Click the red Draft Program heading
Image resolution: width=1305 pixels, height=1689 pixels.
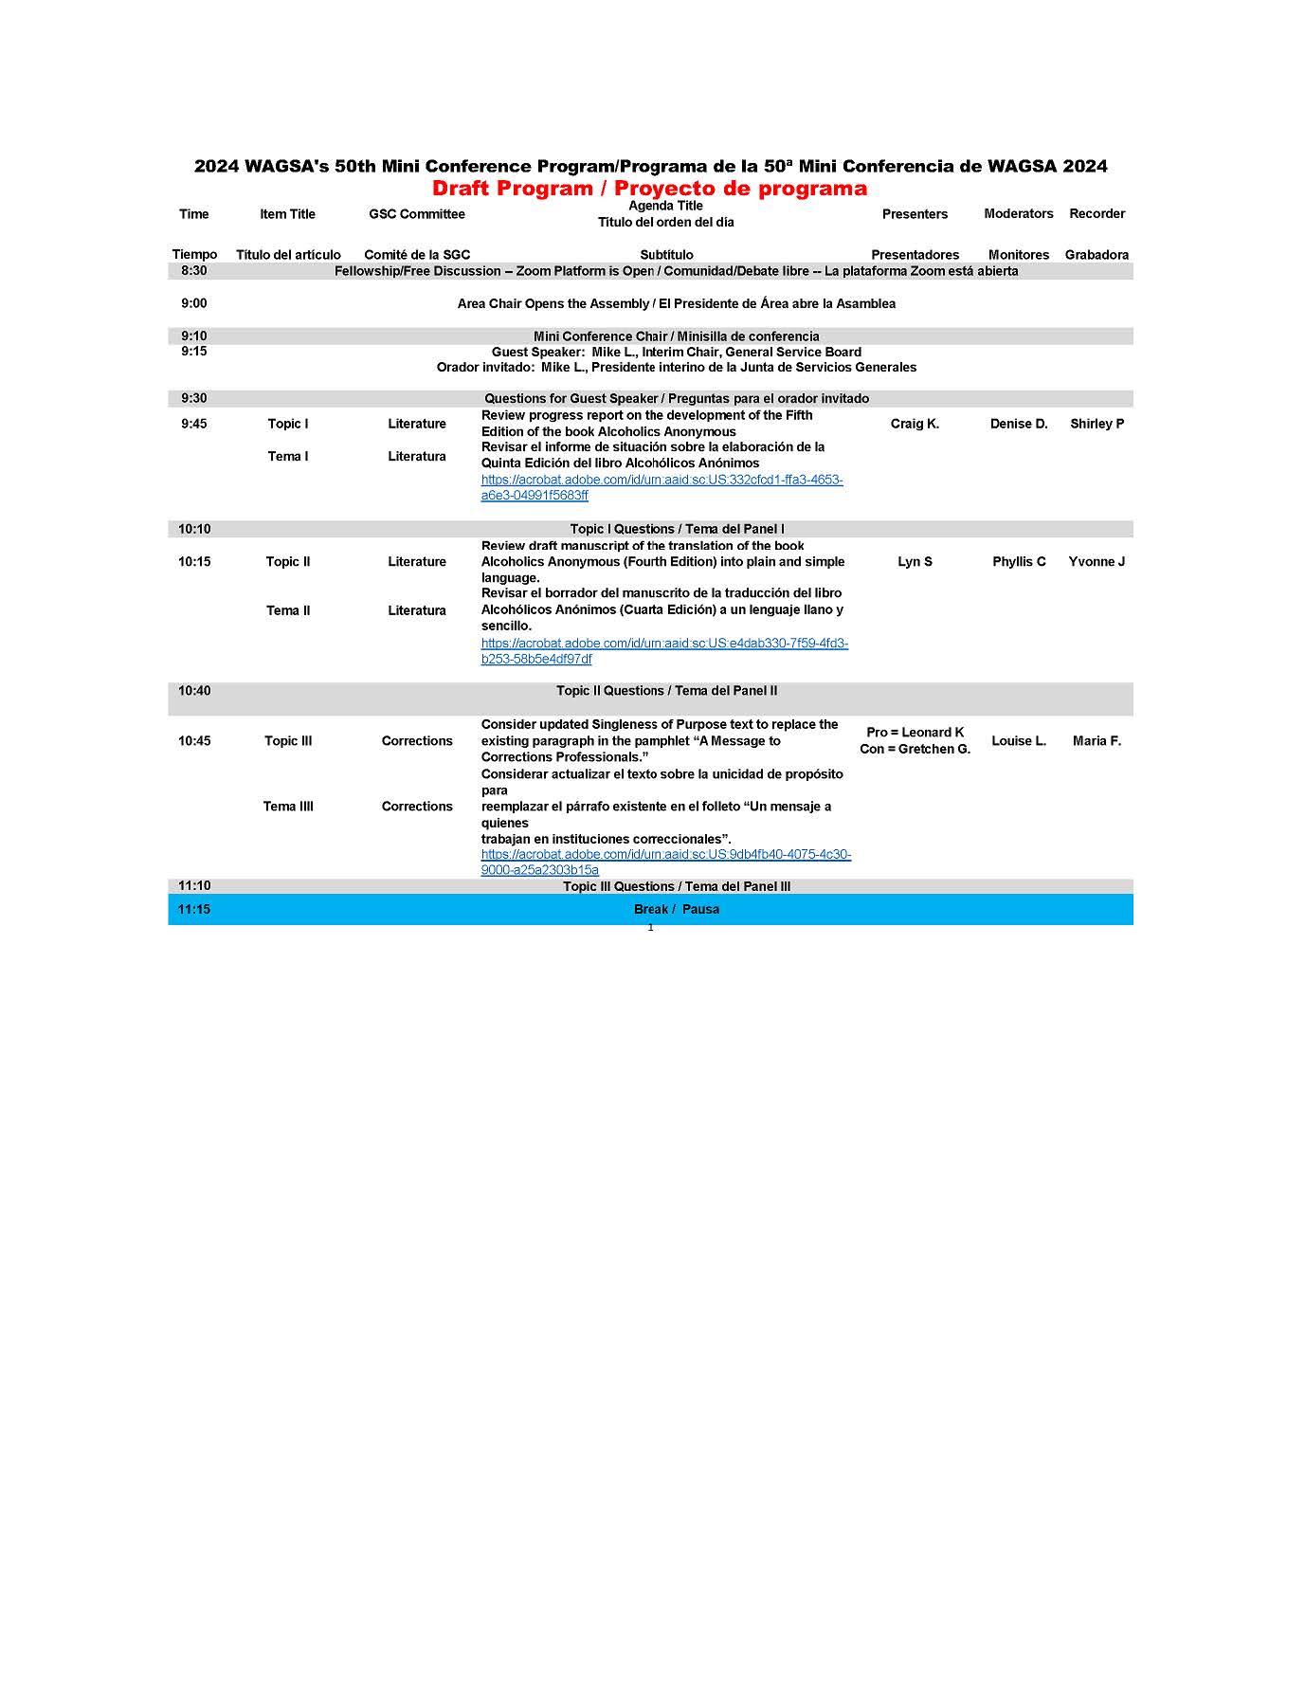[x=649, y=189]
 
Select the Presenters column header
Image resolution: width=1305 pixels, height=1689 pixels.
[x=915, y=214]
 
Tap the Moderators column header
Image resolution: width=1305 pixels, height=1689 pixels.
[x=1018, y=214]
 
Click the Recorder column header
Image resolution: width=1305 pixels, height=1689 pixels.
[x=1097, y=214]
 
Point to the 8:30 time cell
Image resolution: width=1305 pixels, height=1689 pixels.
[x=194, y=271]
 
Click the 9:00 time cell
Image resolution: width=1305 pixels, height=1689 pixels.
[x=194, y=303]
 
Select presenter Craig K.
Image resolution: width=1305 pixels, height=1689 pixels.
[x=915, y=424]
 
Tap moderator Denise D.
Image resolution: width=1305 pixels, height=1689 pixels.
[x=1019, y=424]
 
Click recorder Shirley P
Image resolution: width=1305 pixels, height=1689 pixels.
[x=1097, y=424]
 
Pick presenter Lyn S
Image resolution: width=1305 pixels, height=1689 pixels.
[x=915, y=562]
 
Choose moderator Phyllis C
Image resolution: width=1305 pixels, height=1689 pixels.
[x=1019, y=562]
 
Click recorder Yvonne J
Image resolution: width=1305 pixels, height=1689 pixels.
[x=1097, y=562]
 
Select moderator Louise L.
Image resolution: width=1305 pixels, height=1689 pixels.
[x=1019, y=741]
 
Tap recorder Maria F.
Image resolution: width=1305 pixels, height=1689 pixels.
[x=1097, y=741]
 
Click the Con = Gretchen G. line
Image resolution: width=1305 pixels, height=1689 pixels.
[x=915, y=750]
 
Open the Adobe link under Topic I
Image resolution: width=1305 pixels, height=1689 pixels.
[x=662, y=487]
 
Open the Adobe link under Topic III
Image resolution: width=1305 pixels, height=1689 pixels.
[x=665, y=863]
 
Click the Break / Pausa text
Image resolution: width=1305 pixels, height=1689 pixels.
[x=676, y=910]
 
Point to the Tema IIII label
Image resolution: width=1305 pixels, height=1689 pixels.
[x=288, y=807]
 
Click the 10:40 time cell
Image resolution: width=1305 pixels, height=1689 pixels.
[x=194, y=691]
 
